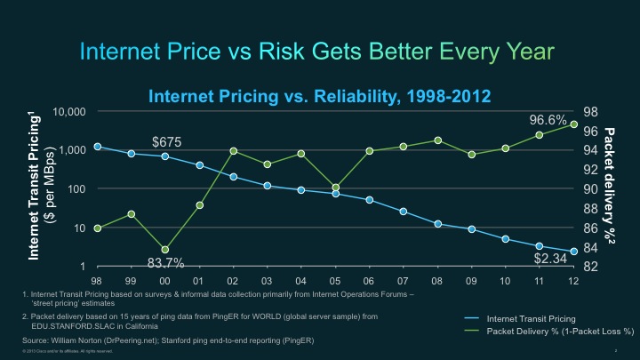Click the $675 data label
167,140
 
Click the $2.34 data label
549,259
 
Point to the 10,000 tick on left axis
68,112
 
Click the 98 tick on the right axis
590,112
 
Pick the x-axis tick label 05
336,280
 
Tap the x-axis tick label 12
574,280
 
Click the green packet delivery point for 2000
165,250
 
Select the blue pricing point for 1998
98,147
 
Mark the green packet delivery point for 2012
574,124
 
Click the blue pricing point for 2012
574,252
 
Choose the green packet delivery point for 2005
336,188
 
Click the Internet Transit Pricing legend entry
532,317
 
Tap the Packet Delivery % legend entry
556,331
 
